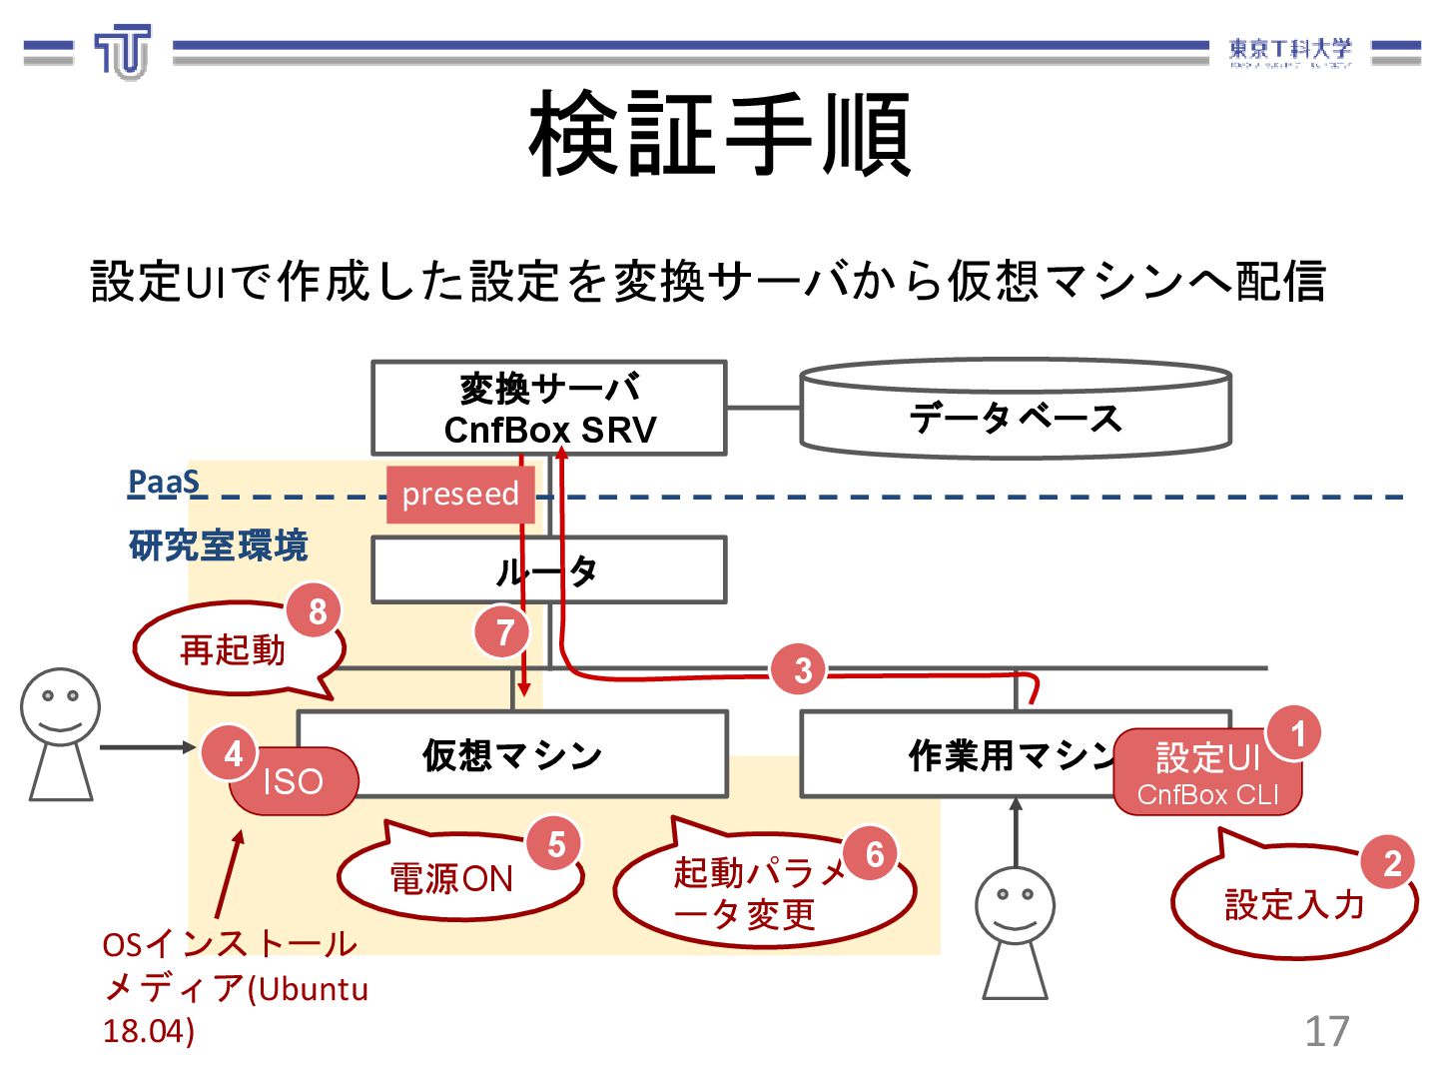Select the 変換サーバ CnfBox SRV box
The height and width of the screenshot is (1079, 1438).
[x=548, y=409]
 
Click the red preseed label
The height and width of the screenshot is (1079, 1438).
[x=460, y=494]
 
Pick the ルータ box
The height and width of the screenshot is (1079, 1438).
[x=548, y=570]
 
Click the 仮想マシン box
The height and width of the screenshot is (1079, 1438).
[x=512, y=755]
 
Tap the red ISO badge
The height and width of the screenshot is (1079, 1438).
[x=293, y=781]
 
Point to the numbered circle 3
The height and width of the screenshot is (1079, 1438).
[x=802, y=670]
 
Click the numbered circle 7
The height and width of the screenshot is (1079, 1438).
[x=504, y=631]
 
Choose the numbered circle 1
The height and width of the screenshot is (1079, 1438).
[x=1297, y=734]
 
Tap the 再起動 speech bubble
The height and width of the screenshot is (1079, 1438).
[x=233, y=649]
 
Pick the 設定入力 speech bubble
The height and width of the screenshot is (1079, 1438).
[x=1293, y=904]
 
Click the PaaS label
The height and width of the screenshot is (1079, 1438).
[x=164, y=483]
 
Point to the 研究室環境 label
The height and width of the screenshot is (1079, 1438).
[x=218, y=545]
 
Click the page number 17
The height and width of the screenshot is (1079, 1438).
[x=1326, y=1031]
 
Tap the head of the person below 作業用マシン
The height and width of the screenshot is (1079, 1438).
[x=1015, y=905]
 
